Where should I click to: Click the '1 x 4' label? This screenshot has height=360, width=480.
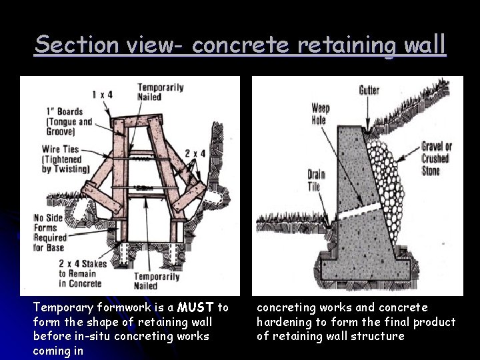102,95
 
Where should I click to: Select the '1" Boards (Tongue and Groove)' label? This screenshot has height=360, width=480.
69,121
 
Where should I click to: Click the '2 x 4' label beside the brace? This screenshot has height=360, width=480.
194,154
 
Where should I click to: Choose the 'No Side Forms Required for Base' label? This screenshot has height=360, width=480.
51,232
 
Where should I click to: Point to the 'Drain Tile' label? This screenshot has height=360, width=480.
316,180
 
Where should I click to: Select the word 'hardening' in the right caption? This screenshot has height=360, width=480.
286,322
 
